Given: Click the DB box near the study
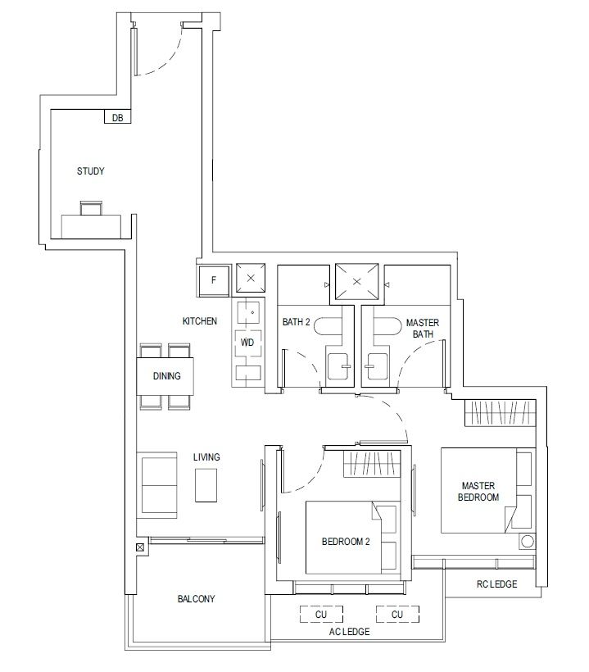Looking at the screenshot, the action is (x=117, y=116).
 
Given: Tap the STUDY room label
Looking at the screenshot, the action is (x=90, y=171).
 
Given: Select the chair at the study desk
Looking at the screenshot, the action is (x=91, y=208).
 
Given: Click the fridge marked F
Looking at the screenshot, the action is (x=213, y=281).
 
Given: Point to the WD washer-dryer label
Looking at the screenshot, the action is (x=247, y=343).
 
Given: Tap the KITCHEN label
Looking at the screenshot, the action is (x=200, y=321).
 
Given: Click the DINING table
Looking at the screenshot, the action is (x=165, y=376).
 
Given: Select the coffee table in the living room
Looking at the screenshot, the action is (x=206, y=485).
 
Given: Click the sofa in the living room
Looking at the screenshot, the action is (x=156, y=485).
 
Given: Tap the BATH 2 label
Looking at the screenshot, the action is (x=296, y=322).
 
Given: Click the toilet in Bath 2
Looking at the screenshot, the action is (x=328, y=326).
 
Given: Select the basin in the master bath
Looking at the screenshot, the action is (x=376, y=366).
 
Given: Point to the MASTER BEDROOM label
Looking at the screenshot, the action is (x=478, y=492).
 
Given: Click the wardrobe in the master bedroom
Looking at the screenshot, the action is (x=501, y=413).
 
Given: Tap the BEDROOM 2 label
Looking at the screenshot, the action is (x=346, y=542).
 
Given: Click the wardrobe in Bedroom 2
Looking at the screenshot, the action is (x=372, y=464).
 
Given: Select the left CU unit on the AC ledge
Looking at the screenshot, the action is (x=321, y=614).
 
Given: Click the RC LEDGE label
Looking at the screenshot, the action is (x=497, y=584).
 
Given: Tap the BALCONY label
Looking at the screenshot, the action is (x=196, y=599).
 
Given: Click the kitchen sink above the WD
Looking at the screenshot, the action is (x=248, y=312).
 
